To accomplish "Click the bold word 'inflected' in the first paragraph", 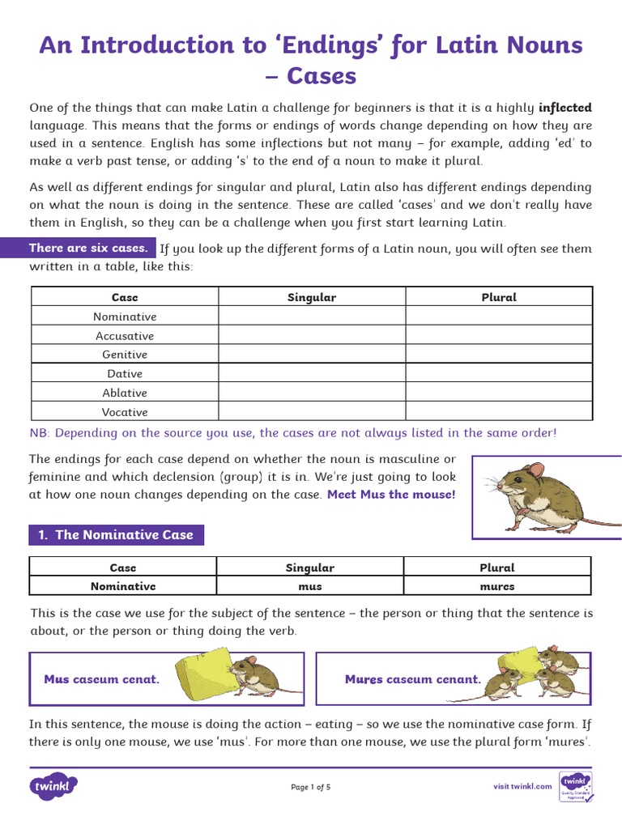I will click(564, 108).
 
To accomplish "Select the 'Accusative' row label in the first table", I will click(124, 335).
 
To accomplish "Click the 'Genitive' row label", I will click(124, 355).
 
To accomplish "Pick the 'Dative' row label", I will click(124, 373).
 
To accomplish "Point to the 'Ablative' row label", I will click(124, 393).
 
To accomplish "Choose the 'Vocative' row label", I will click(124, 411).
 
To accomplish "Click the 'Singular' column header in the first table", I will click(312, 297).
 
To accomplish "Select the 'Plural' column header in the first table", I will click(499, 297).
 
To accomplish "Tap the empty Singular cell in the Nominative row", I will click(312, 317).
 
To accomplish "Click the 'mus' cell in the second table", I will click(309, 586).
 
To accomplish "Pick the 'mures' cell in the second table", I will click(496, 586).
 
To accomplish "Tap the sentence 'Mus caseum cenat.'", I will click(101, 679).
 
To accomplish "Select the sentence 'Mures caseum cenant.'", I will click(412, 679).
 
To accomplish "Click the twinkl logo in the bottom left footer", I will click(53, 786).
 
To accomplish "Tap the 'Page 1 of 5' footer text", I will click(311, 787).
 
